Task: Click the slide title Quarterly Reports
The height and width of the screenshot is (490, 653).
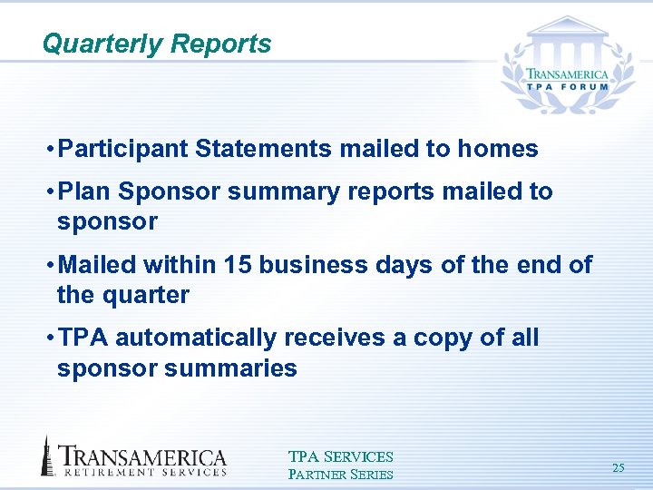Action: click(x=156, y=44)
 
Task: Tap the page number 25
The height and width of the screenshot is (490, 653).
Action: click(x=619, y=468)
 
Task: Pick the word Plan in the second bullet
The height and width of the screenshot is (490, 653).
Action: click(x=84, y=191)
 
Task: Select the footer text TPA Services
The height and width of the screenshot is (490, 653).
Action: click(x=340, y=457)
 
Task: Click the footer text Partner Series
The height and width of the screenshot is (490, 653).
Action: click(x=340, y=474)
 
